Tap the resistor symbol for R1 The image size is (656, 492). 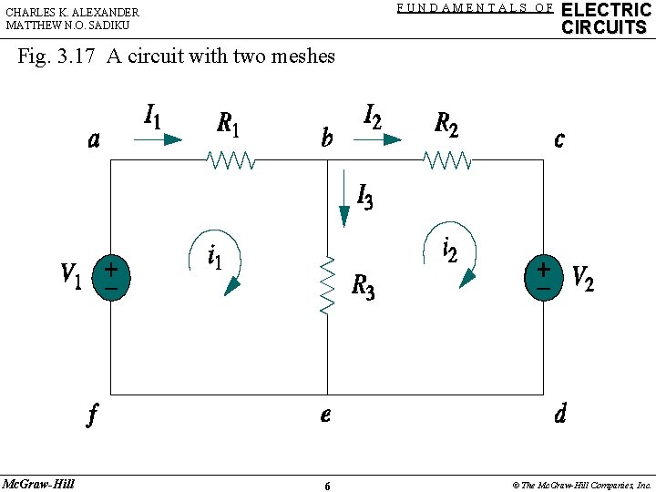232,161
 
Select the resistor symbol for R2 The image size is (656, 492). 447,161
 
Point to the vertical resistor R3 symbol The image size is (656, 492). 328,285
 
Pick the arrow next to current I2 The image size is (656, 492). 378,139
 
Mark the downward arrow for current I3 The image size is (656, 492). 344,205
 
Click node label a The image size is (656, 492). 95,140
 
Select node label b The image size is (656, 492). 327,139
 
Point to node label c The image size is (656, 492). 559,139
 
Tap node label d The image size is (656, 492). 559,415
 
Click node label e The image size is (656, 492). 325,415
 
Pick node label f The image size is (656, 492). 92,415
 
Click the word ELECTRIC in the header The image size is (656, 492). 606,10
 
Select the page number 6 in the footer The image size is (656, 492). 327,486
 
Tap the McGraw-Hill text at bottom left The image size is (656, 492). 38,483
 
